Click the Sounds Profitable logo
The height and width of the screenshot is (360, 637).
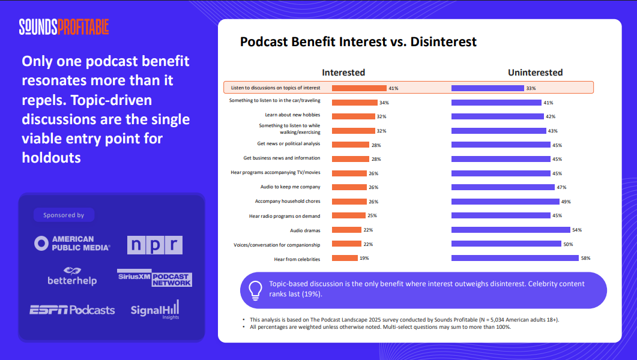tap(64, 27)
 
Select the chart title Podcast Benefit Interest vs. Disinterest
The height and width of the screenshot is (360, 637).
tap(358, 41)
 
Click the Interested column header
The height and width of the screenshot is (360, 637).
tap(343, 73)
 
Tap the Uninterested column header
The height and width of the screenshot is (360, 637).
tap(535, 73)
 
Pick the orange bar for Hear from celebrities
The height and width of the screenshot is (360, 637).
tap(345, 259)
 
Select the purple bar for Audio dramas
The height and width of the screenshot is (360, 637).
tap(510, 230)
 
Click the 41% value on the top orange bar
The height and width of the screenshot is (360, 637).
tap(393, 88)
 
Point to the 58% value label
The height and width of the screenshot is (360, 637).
tap(585, 259)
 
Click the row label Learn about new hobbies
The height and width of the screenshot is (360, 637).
tap(292, 115)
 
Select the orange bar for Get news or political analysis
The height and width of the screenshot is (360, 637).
tap(351, 145)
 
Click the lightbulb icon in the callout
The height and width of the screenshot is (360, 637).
tap(255, 290)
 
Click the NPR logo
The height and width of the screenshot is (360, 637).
tap(154, 245)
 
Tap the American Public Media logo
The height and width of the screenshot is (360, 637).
tap(72, 243)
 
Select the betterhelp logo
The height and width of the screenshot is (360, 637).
tap(72, 276)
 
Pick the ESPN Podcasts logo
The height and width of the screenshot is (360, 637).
tap(72, 310)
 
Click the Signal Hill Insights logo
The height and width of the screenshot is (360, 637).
tap(155, 310)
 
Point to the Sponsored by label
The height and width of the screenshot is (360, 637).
tap(64, 215)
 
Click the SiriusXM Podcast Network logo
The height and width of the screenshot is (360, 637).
tap(154, 277)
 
